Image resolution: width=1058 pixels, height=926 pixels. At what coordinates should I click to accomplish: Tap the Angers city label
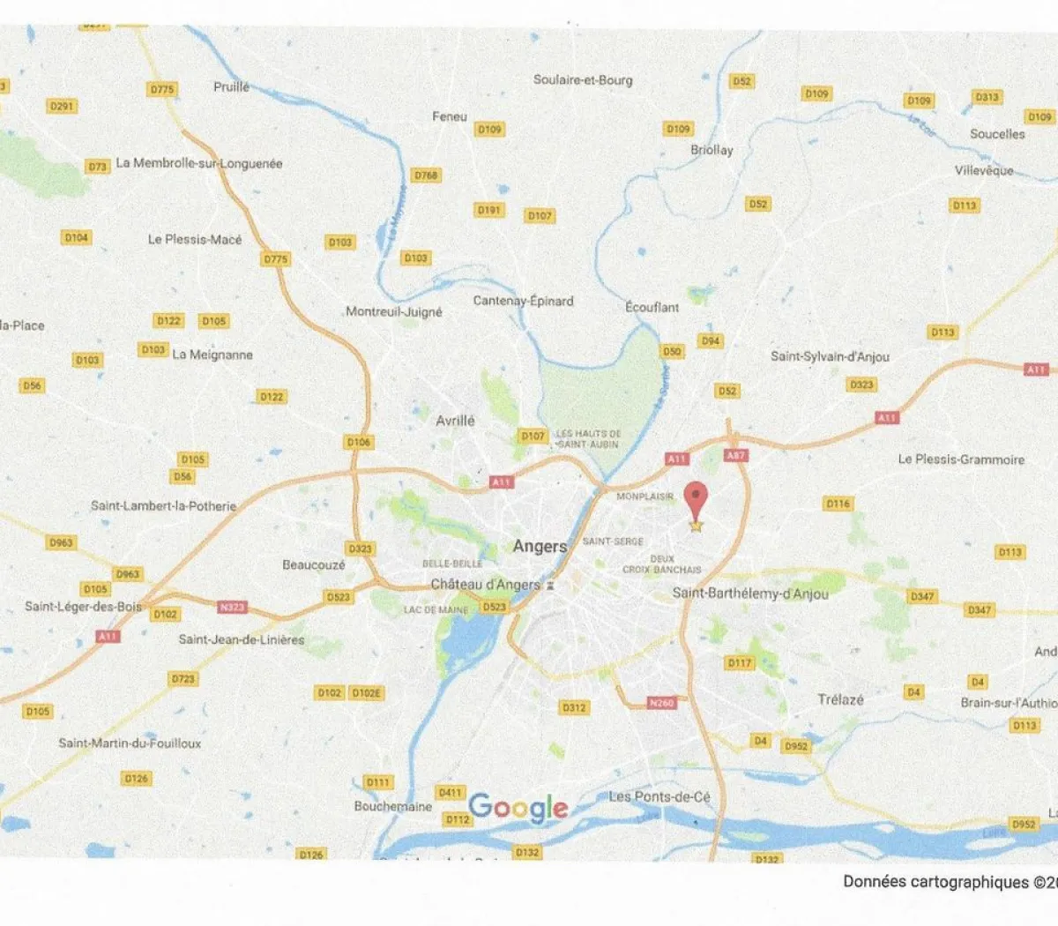pyautogui.click(x=540, y=547)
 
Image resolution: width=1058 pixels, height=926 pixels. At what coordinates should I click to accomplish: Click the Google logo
pyautogui.click(x=518, y=807)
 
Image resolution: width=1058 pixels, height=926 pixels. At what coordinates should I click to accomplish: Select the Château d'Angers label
pyautogui.click(x=485, y=585)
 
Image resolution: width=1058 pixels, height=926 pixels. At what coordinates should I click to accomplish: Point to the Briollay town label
pyautogui.click(x=712, y=150)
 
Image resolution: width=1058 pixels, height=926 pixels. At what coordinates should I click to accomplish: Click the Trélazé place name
pyautogui.click(x=840, y=699)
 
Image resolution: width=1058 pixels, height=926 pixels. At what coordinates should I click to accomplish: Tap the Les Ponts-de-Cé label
pyautogui.click(x=659, y=796)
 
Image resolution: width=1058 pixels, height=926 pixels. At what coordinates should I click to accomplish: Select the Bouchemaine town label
pyautogui.click(x=393, y=806)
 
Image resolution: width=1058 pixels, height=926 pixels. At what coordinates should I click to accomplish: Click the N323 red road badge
pyautogui.click(x=233, y=607)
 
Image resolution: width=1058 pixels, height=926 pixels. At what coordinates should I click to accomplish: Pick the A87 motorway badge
pyautogui.click(x=735, y=456)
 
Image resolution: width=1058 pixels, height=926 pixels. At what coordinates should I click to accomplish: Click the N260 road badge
pyautogui.click(x=661, y=703)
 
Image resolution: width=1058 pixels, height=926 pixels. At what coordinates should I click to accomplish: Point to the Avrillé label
pyautogui.click(x=455, y=421)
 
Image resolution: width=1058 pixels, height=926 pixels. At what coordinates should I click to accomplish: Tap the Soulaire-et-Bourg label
pyautogui.click(x=583, y=79)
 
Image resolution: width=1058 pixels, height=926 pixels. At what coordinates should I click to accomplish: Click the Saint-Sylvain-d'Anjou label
pyautogui.click(x=830, y=356)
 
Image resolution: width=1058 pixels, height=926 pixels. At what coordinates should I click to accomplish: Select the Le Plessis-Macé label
pyautogui.click(x=194, y=239)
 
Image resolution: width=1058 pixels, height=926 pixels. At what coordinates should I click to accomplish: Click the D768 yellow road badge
pyautogui.click(x=426, y=175)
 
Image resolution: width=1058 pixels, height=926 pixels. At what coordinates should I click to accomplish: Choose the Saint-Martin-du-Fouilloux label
pyautogui.click(x=130, y=743)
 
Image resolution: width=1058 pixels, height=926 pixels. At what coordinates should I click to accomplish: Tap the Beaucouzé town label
pyautogui.click(x=314, y=564)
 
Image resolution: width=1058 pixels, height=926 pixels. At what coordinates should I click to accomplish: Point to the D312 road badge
pyautogui.click(x=574, y=707)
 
